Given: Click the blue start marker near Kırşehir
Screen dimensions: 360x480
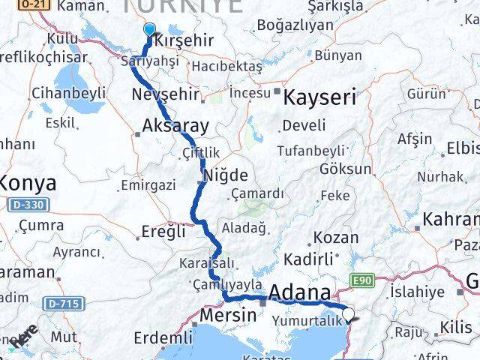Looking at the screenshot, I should (148, 31).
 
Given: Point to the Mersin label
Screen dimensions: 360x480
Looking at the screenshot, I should (228, 315).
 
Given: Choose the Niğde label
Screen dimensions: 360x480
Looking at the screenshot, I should (226, 175).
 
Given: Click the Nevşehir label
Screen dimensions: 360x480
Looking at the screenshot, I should (165, 94).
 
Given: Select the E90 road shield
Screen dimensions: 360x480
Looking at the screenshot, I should (361, 280).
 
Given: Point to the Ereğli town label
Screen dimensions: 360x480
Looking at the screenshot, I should (163, 232).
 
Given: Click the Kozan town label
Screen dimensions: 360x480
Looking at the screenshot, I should (335, 238).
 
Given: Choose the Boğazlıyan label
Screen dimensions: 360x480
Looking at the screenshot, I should (295, 25).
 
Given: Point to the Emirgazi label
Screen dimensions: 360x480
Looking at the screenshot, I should (148, 184).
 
